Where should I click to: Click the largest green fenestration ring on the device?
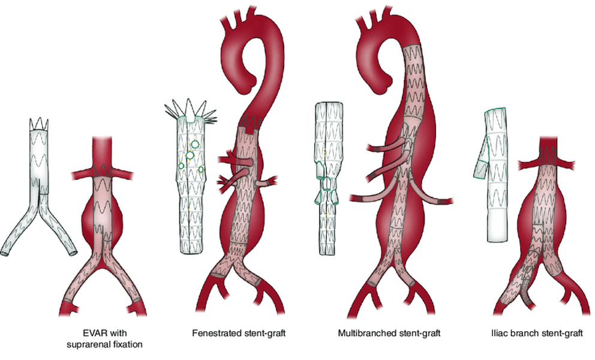pos(190,155)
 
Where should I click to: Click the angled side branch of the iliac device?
pos(481,163)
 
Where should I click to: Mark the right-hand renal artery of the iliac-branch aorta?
pos(567,163)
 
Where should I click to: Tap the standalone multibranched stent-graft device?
pos(327,180)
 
